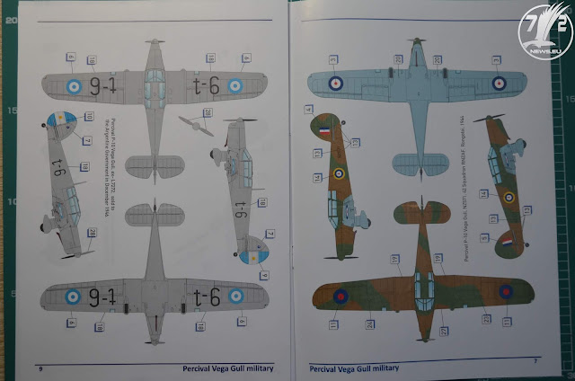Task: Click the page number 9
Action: click(40, 368)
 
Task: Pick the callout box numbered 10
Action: click(89, 117)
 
